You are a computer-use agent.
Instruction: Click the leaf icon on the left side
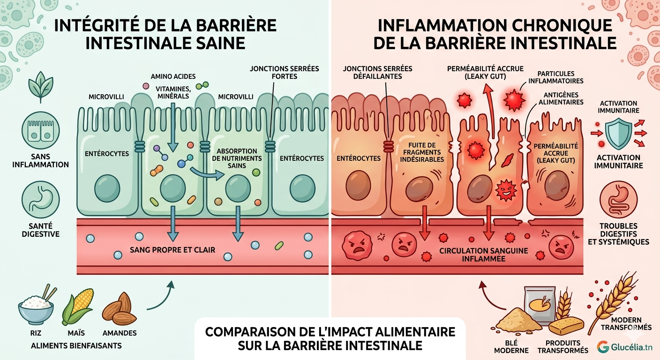pyautogui.click(x=40, y=87)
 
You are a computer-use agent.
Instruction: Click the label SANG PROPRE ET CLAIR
pyautogui.click(x=172, y=250)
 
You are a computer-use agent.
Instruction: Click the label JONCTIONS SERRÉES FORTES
pyautogui.click(x=284, y=72)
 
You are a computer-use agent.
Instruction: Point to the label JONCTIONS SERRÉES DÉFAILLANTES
pyautogui.click(x=378, y=72)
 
